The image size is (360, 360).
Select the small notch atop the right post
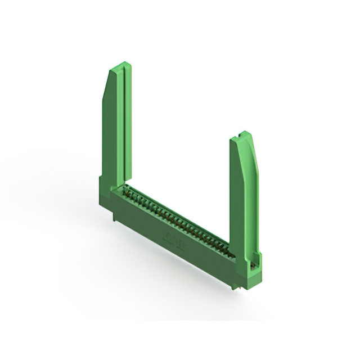242,135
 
